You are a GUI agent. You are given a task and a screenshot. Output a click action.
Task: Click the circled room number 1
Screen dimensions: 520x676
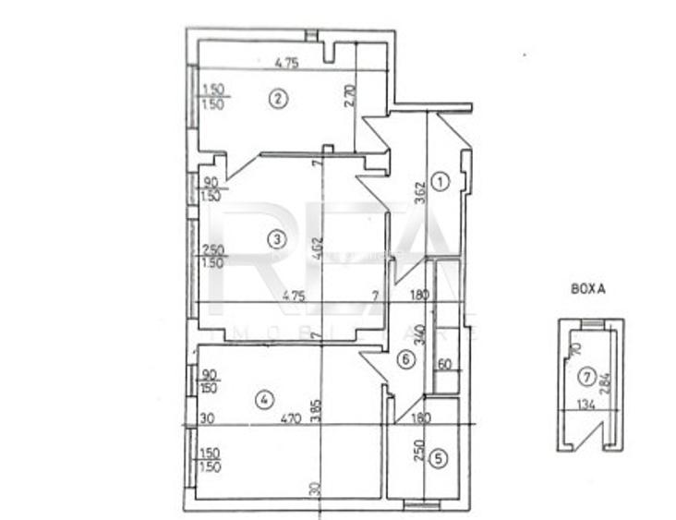(x=441, y=182)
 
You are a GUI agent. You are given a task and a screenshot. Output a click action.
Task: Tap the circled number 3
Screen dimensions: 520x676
(x=275, y=240)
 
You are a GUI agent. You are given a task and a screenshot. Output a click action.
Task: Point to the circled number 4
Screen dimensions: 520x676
(x=264, y=400)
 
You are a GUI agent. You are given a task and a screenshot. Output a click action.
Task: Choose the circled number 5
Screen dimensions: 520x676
(x=440, y=456)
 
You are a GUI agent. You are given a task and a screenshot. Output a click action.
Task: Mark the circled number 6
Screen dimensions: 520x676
(x=404, y=359)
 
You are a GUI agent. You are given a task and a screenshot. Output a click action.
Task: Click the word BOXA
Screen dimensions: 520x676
(x=588, y=289)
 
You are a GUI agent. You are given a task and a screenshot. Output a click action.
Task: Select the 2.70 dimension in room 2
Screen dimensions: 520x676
(x=350, y=98)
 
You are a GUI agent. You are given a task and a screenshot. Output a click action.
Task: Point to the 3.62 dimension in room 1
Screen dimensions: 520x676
(x=420, y=190)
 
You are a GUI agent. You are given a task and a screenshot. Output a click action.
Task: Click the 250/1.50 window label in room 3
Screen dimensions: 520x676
(x=212, y=256)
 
